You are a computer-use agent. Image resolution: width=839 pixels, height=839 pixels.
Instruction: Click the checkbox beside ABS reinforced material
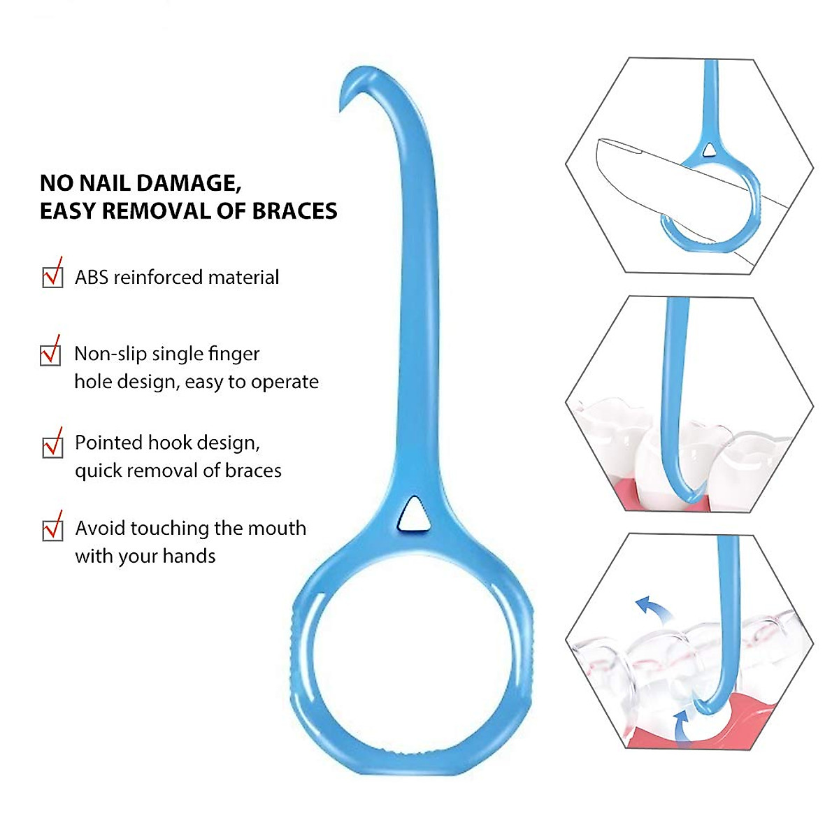point(52,277)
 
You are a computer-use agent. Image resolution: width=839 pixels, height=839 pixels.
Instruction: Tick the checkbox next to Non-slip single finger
point(50,354)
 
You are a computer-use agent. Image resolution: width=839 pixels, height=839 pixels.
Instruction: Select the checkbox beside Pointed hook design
point(52,446)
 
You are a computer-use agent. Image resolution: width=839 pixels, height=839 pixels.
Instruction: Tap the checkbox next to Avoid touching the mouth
point(52,529)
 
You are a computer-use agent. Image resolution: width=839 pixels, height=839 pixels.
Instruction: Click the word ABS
point(92,278)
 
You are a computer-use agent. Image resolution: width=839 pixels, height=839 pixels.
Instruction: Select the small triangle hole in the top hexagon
point(710,149)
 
